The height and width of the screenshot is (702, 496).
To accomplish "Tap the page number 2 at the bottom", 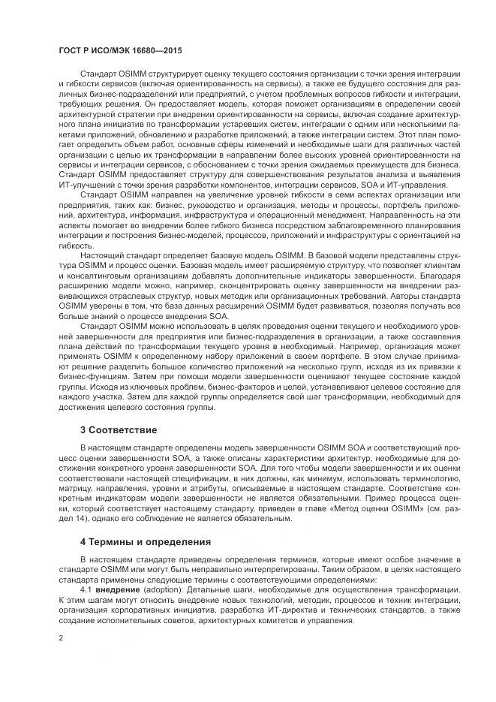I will coord(60,637).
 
